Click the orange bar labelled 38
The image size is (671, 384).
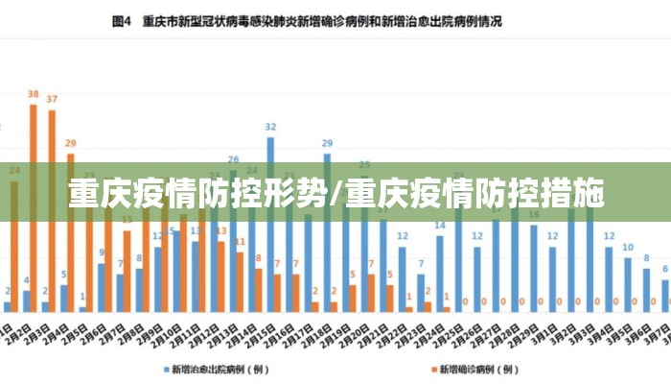[33, 206]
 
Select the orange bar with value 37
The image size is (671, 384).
[52, 209]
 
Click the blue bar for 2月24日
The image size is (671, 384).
[440, 273]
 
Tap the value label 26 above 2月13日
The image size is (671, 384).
[233, 159]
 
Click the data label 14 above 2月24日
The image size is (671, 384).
[440, 226]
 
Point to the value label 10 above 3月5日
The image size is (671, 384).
[628, 247]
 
